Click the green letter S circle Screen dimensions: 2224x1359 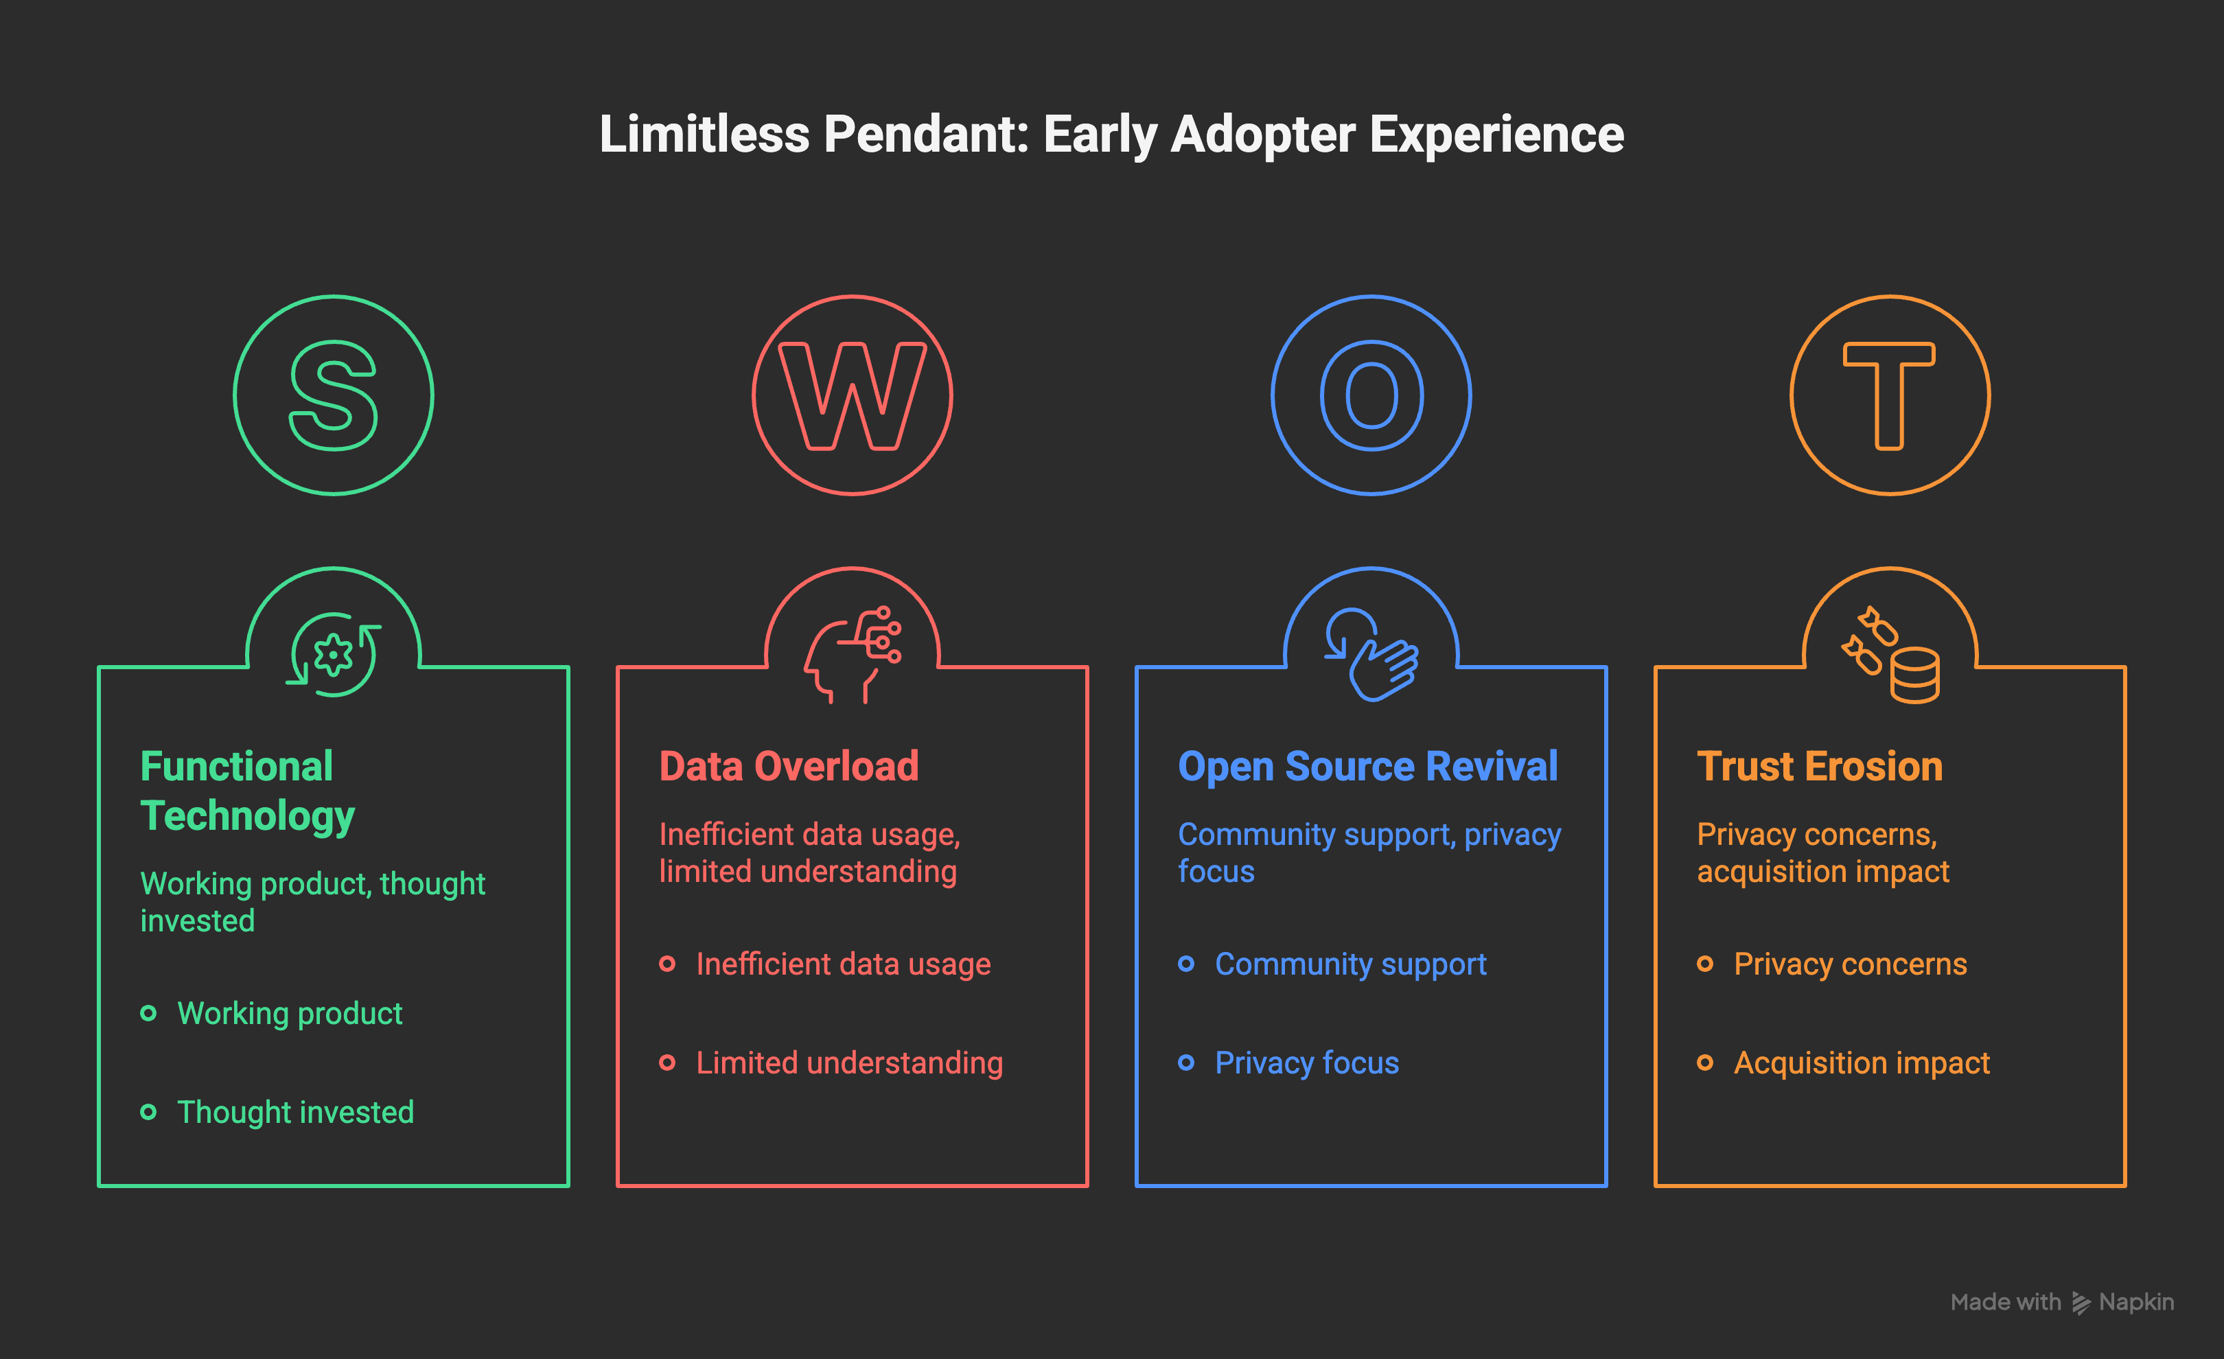point(333,395)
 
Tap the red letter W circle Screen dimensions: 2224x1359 point(852,395)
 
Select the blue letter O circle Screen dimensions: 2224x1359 point(1371,395)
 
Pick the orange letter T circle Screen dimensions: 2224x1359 point(1889,395)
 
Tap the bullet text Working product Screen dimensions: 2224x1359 point(290,1013)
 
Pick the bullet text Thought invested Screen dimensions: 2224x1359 point(295,1112)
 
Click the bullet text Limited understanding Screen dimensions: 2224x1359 point(849,1063)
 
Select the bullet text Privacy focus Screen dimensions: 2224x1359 point(1306,1063)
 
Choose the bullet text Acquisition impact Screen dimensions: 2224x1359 point(1861,1063)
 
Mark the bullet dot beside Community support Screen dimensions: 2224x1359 point(1186,964)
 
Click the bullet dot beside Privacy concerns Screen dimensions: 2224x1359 point(1705,964)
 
